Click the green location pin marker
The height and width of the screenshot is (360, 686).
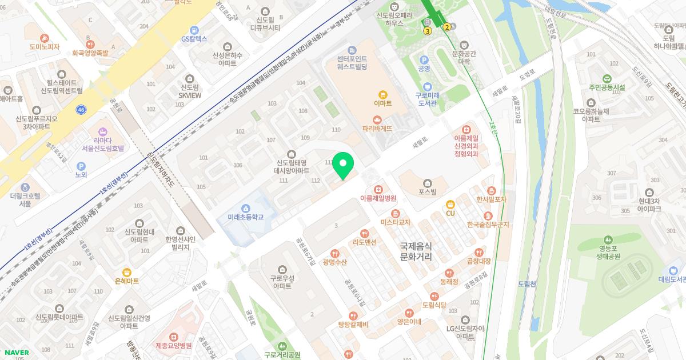[342, 165]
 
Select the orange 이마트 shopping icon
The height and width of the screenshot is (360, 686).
[382, 94]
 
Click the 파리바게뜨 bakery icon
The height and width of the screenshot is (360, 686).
[377, 119]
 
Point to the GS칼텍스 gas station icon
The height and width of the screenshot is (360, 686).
[194, 30]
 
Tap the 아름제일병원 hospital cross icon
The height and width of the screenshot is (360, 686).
[378, 189]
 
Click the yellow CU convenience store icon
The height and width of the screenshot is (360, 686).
[450, 205]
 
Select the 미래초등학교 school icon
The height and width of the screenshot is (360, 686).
[246, 208]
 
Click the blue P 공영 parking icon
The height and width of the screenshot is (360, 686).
[424, 59]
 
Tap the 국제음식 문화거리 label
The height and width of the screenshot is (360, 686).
[424, 251]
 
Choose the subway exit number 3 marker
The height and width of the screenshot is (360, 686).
[427, 31]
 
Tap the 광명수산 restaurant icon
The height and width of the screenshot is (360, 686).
[334, 253]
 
